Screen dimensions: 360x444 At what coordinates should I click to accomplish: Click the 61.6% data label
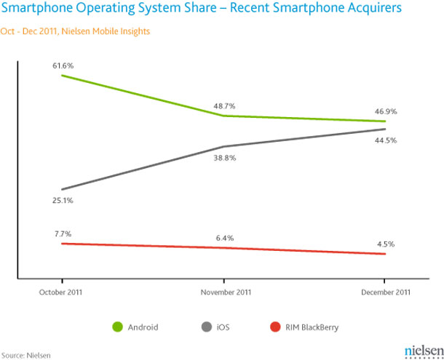(63, 66)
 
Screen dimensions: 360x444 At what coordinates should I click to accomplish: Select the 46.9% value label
(386, 112)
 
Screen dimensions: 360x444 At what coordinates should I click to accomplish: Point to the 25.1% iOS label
(63, 200)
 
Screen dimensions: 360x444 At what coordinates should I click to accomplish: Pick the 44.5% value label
(386, 140)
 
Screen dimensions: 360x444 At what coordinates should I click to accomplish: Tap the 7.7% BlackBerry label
(63, 234)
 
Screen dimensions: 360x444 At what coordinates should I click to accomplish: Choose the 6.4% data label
(223, 238)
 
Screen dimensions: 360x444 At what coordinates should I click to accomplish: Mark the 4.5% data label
(386, 244)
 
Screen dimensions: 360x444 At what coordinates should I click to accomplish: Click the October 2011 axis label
(63, 292)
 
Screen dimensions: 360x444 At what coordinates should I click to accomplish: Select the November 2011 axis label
(223, 292)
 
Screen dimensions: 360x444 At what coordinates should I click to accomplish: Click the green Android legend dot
(116, 327)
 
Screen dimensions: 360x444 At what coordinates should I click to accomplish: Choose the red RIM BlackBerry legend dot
(274, 327)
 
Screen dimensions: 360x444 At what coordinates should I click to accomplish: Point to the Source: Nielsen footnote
(25, 353)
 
